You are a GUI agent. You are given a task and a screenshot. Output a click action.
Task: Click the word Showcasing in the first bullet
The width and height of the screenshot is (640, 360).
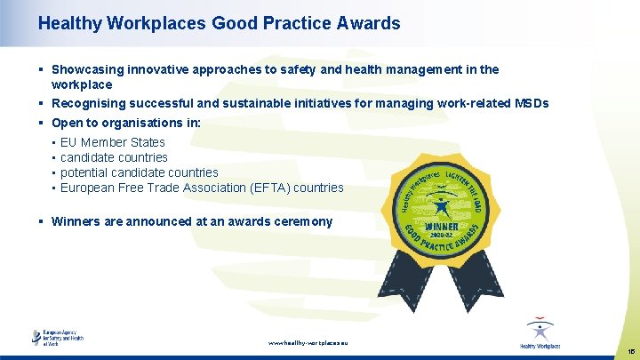pyautogui.click(x=85, y=69)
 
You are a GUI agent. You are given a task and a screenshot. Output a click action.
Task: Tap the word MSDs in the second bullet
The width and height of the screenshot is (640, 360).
pyautogui.click(x=532, y=104)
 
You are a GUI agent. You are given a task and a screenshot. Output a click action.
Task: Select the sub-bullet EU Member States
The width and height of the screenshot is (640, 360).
pyautogui.click(x=112, y=142)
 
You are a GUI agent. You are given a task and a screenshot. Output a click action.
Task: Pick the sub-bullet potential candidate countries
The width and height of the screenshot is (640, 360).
pyautogui.click(x=139, y=172)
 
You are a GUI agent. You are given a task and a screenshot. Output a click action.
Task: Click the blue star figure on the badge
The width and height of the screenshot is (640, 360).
pyautogui.click(x=442, y=206)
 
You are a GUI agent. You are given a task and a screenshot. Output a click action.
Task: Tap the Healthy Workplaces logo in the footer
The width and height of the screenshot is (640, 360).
pyautogui.click(x=540, y=334)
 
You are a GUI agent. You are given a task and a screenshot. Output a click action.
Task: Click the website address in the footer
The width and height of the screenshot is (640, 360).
pyautogui.click(x=308, y=342)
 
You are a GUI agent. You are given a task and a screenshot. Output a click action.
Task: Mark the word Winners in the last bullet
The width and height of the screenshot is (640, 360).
pyautogui.click(x=76, y=221)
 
